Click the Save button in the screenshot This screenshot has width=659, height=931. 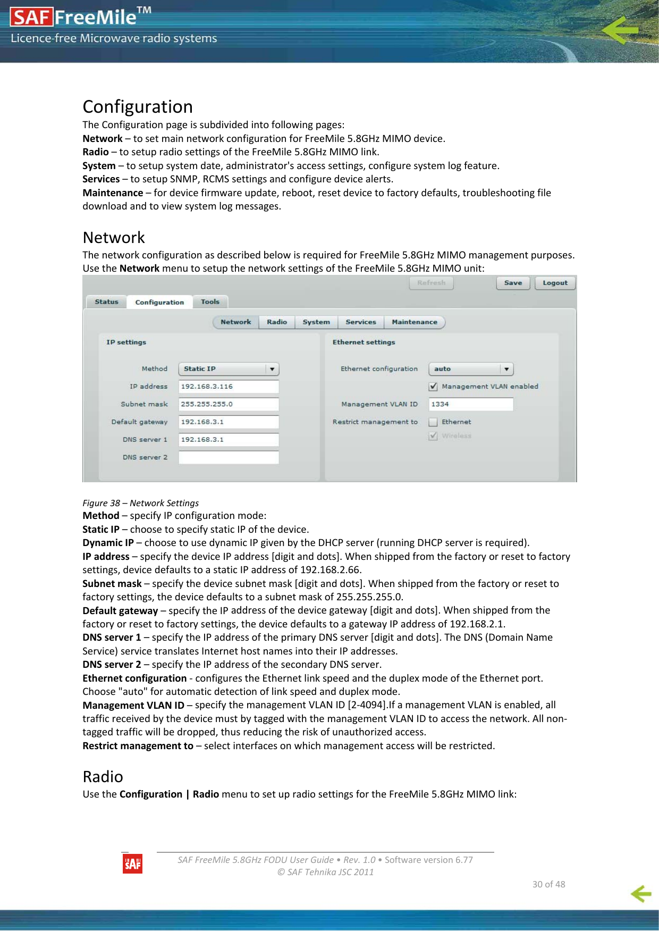point(513,283)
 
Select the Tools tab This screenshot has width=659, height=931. point(210,302)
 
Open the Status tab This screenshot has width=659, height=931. point(106,302)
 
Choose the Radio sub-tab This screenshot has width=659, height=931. point(277,322)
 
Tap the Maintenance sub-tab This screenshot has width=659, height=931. point(415,322)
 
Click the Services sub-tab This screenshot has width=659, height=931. point(361,322)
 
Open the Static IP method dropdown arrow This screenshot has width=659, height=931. point(272,369)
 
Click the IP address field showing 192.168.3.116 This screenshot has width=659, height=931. point(229,387)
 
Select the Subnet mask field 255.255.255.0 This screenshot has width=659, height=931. point(229,404)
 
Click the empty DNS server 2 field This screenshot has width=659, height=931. point(229,457)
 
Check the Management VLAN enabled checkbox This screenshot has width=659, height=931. point(433,387)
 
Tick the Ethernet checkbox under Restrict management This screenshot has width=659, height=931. point(433,422)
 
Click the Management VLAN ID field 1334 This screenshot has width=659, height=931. point(471,404)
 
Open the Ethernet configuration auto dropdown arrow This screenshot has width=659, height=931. point(506,369)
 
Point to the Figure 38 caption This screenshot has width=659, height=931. point(140,503)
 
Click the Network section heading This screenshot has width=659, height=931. point(114,238)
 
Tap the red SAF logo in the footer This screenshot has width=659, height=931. point(132,864)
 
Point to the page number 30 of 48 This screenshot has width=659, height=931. point(548,884)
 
